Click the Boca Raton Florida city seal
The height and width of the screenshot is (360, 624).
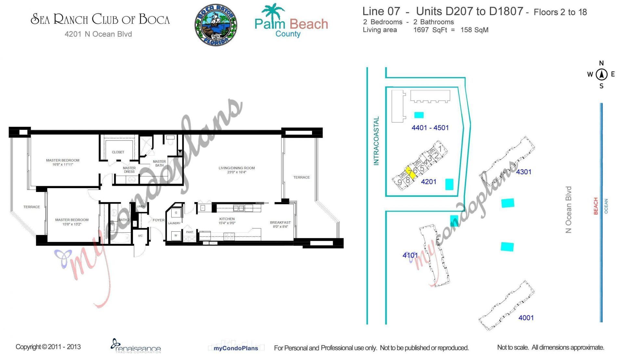pyautogui.click(x=216, y=25)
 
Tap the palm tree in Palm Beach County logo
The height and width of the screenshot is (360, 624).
pyautogui.click(x=274, y=11)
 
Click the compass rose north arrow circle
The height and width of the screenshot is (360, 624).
pyautogui.click(x=601, y=74)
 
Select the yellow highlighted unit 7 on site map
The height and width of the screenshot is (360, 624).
pyautogui.click(x=411, y=173)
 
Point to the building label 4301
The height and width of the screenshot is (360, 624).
pyautogui.click(x=524, y=172)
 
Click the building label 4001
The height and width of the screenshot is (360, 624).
pyautogui.click(x=526, y=318)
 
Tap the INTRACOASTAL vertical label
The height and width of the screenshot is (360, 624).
pyautogui.click(x=376, y=141)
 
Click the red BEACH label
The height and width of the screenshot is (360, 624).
pyautogui.click(x=596, y=206)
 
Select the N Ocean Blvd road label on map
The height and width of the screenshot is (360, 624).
pyautogui.click(x=568, y=210)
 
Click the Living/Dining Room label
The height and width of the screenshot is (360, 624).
pyautogui.click(x=237, y=170)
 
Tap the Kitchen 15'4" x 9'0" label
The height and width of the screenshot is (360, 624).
pyautogui.click(x=227, y=221)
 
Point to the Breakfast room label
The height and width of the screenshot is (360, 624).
pyautogui.click(x=280, y=225)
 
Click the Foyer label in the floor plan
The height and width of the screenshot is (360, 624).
pyautogui.click(x=159, y=220)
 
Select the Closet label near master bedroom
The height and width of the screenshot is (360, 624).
pyautogui.click(x=118, y=152)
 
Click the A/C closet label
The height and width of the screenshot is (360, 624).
pyautogui.click(x=140, y=236)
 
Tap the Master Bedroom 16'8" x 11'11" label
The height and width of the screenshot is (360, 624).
pyautogui.click(x=63, y=162)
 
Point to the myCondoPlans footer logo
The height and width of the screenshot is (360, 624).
pyautogui.click(x=236, y=348)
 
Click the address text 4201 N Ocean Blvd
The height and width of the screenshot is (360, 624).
pyautogui.click(x=98, y=34)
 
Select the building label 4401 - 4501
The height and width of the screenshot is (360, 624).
pyautogui.click(x=430, y=128)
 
